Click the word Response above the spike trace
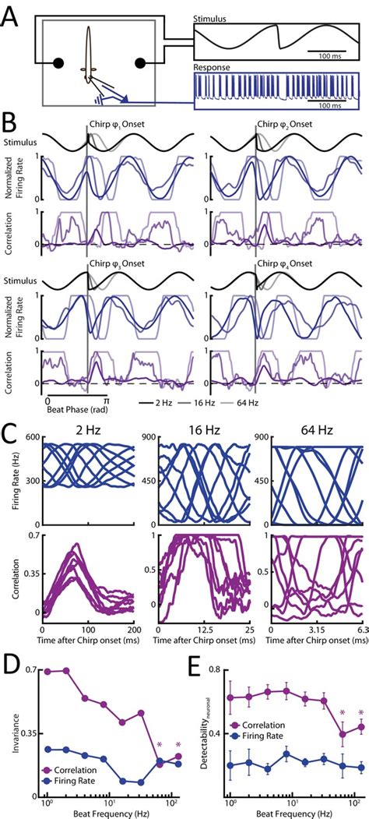pyautogui.click(x=213, y=68)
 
